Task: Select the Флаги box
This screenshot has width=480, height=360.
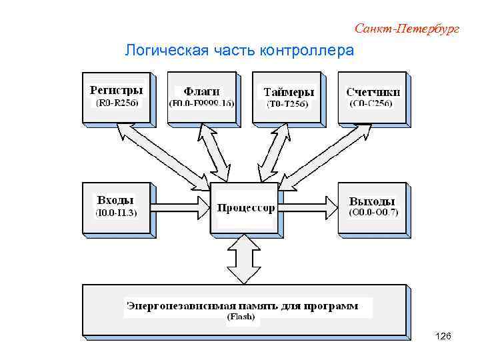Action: point(201,97)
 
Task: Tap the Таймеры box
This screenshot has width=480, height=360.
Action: point(288,97)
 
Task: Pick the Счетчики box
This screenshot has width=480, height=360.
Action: point(373,97)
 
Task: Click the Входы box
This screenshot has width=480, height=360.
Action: point(116,207)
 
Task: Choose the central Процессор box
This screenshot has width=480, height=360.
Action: point(245,207)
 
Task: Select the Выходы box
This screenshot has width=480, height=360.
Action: point(373,207)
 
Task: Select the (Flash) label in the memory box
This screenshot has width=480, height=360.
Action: point(241,317)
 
